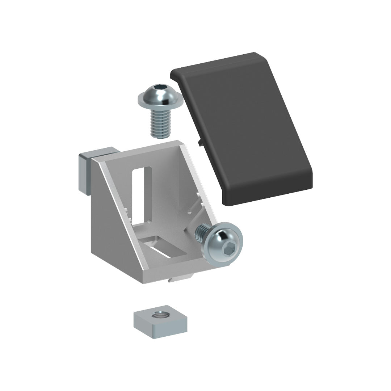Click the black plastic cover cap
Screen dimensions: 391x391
click(250, 130)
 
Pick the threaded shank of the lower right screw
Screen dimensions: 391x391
click(201, 234)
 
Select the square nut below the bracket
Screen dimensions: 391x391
click(160, 322)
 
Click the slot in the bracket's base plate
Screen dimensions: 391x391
click(163, 248)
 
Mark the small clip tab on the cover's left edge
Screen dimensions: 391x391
click(199, 143)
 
